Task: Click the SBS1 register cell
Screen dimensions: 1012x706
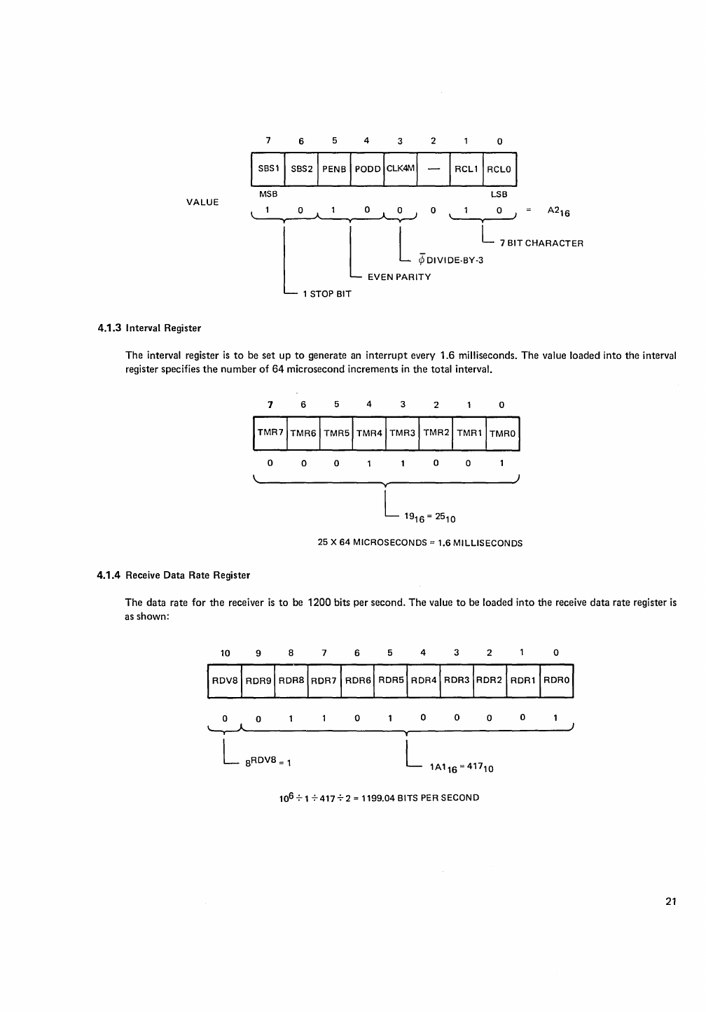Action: point(268,169)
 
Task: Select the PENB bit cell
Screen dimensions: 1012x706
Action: point(334,169)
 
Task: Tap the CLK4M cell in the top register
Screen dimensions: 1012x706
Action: point(401,169)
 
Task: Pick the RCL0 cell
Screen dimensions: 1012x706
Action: point(499,169)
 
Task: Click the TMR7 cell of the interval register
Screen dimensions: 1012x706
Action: point(270,433)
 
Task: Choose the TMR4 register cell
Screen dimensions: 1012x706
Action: point(370,433)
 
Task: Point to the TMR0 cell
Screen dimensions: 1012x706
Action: point(502,433)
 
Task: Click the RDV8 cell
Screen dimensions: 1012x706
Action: point(225,680)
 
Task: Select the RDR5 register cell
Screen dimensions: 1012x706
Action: point(391,680)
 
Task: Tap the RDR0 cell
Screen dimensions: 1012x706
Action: point(557,680)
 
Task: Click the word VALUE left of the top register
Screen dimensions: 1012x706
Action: point(202,202)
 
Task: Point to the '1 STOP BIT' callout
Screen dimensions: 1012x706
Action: point(326,294)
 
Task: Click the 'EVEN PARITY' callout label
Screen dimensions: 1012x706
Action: point(399,277)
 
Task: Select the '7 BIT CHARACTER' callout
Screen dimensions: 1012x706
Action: point(541,244)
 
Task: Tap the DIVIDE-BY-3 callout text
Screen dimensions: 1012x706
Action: point(450,260)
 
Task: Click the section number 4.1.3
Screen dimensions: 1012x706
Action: point(109,328)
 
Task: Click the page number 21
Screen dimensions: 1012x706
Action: point(671,901)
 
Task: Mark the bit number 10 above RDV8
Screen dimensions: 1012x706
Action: point(226,653)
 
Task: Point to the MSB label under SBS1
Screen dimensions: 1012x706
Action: point(268,194)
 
